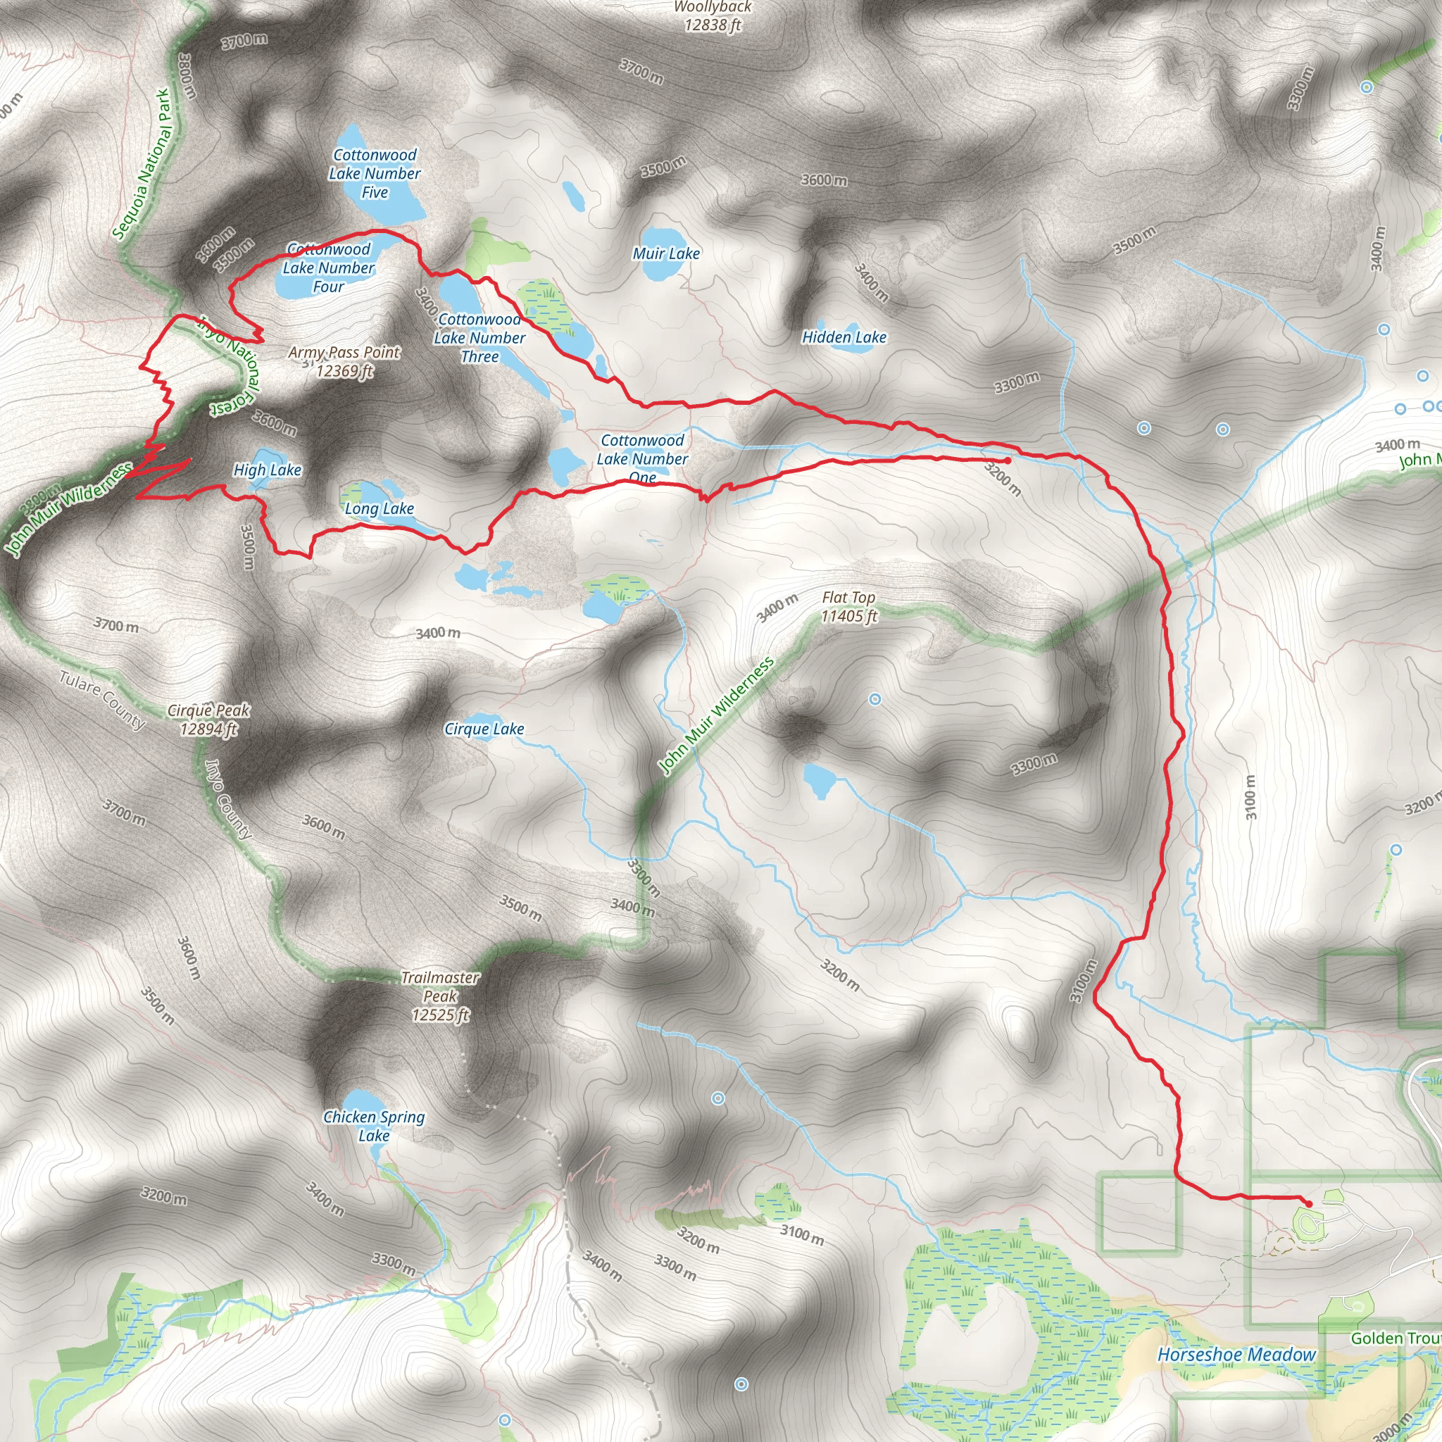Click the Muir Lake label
666,253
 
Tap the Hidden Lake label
844,337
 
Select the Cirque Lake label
484,729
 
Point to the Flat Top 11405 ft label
848,607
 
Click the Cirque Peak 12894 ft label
208,720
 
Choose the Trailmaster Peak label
440,996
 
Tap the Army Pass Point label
344,361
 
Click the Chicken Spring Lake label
374,1127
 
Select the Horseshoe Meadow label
1236,1355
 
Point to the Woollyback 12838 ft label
713,16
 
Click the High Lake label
267,470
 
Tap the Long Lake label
380,509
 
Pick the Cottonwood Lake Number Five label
375,174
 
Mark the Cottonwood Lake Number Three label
480,338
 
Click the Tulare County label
102,700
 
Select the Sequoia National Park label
142,164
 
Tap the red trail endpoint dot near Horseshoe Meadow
1308,1204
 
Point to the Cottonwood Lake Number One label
642,459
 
